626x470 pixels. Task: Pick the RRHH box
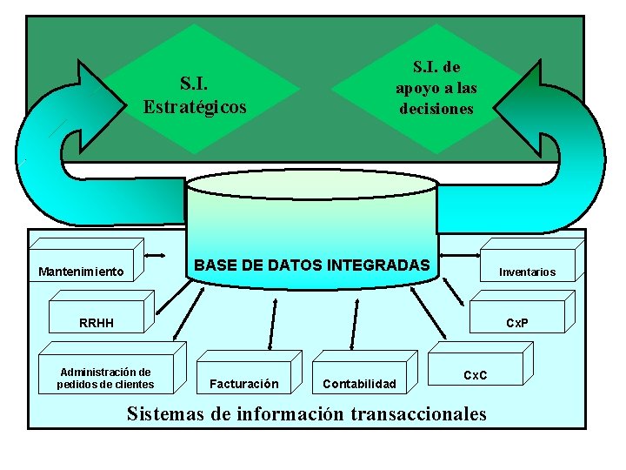(x=96, y=323)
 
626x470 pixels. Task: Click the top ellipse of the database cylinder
(x=310, y=184)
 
